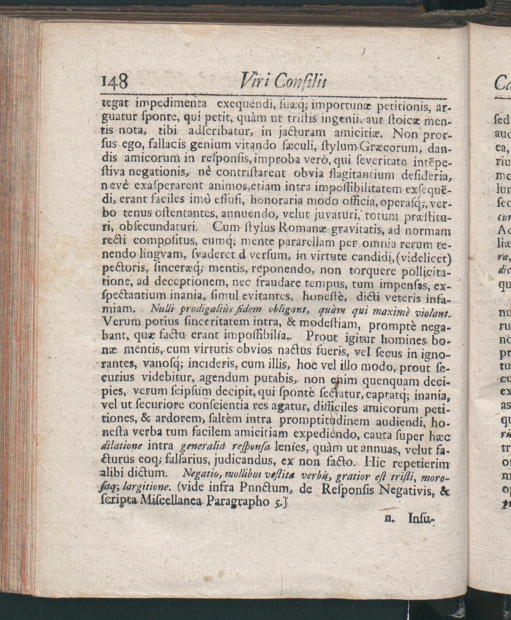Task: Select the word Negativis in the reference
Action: [407, 489]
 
